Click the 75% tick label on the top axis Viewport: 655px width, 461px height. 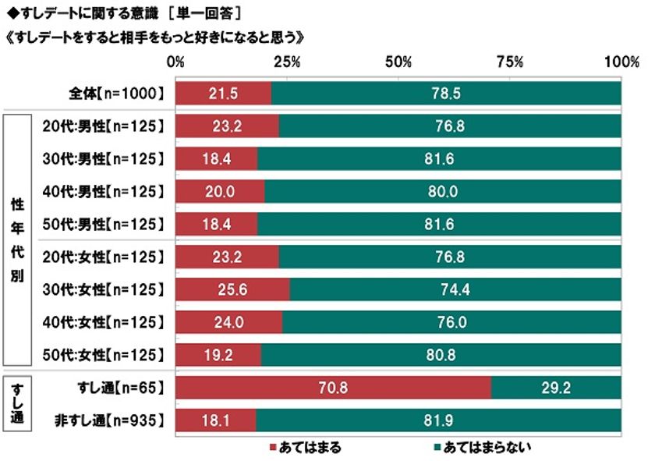(510, 62)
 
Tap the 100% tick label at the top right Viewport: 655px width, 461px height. (621, 62)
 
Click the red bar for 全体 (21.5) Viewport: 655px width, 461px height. (224, 93)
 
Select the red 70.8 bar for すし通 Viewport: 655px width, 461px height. (334, 388)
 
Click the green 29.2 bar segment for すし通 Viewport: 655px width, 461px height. (557, 388)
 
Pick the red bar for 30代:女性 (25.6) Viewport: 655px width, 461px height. (232, 289)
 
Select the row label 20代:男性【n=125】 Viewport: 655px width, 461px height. (103, 126)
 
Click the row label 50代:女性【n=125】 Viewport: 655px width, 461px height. (103, 355)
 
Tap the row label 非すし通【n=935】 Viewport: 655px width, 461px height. (111, 420)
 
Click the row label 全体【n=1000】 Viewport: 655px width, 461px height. (116, 93)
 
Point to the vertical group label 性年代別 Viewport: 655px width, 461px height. (16, 240)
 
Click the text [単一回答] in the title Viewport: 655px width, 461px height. (204, 13)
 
